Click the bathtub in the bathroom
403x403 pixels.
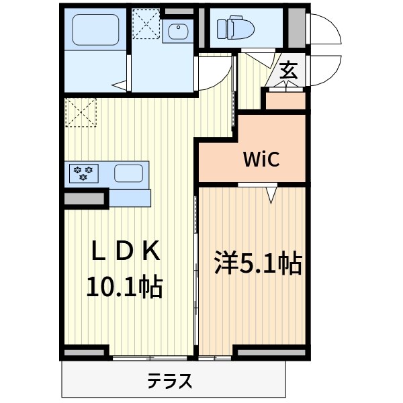pyautogui.click(x=94, y=29)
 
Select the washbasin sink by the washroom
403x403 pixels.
pyautogui.click(x=177, y=32)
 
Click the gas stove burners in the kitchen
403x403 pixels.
pyautogui.click(x=85, y=173)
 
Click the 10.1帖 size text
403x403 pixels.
pyautogui.click(x=124, y=287)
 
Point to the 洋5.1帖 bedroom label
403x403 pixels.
pyautogui.click(x=257, y=263)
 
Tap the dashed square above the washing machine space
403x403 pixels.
pyautogui.click(x=146, y=24)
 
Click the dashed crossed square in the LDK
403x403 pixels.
pyautogui.click(x=81, y=112)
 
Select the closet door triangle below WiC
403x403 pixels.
pyautogui.click(x=271, y=195)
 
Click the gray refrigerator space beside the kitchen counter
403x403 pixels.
pyautogui.click(x=85, y=198)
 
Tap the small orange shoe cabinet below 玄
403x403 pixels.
pyautogui.click(x=285, y=101)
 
